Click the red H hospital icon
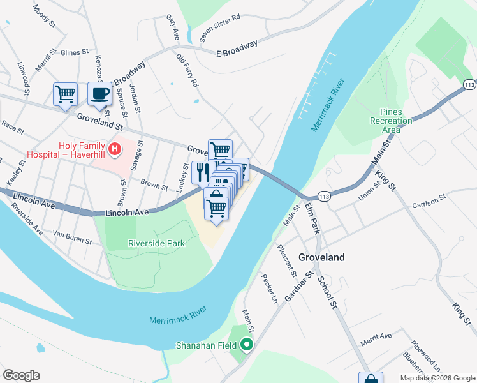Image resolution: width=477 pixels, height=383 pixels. pos(114,150)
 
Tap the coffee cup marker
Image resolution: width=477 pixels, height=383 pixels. pos(99,94)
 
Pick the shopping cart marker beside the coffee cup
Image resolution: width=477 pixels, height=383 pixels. pos(65,94)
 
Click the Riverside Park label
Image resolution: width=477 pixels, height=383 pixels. pos(156,243)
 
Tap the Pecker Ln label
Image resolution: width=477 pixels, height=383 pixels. pos(270,289)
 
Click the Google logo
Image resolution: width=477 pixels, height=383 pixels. pos(21,375)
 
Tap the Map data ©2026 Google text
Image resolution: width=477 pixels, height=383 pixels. pos(437,378)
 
